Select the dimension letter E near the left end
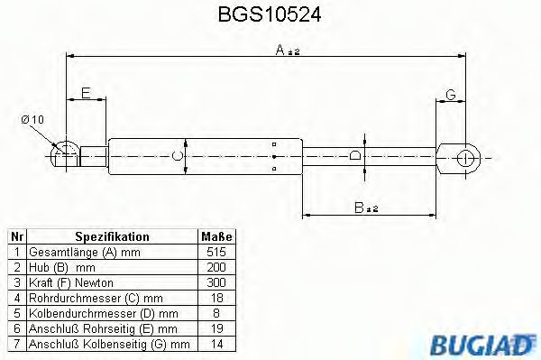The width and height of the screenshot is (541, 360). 86,93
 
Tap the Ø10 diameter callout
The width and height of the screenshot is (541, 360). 32,120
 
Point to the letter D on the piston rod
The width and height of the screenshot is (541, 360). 354,157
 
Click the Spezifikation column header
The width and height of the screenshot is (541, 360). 112,236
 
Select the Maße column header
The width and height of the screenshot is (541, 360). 215,236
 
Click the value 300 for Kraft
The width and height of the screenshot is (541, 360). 215,282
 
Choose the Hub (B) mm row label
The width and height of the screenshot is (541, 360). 61,266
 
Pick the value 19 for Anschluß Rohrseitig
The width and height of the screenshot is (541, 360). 215,328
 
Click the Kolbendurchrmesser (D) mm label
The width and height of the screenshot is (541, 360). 96,312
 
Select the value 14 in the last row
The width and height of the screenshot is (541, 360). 215,343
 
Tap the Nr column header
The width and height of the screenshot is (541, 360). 14,236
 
